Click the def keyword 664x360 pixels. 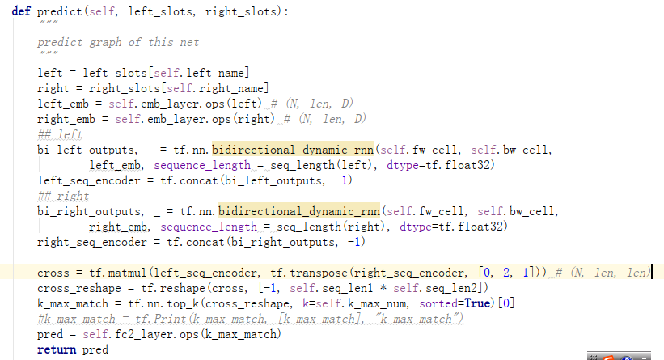pos(22,12)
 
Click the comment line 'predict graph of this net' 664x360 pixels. pos(117,42)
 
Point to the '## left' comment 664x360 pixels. pos(60,134)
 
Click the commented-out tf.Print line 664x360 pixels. pos(250,319)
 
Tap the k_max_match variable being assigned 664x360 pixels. pos(70,303)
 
